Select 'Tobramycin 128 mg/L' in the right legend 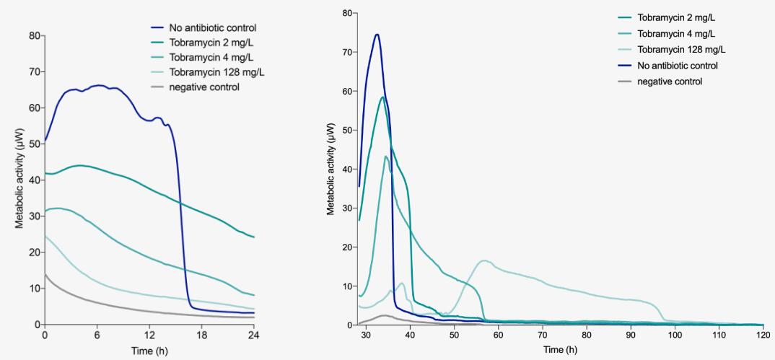pyautogui.click(x=681, y=50)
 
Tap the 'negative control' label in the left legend pyautogui.click(x=204, y=87)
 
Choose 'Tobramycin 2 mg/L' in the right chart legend pyautogui.click(x=677, y=18)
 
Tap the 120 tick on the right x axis pyautogui.click(x=763, y=336)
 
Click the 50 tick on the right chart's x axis pyautogui.click(x=455, y=336)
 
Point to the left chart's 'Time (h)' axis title pyautogui.click(x=149, y=351)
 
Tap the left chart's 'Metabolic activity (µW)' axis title pyautogui.click(x=20, y=180)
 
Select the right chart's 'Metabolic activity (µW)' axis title pyautogui.click(x=331, y=169)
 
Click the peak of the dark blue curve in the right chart pyautogui.click(x=377, y=35)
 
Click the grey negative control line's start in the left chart pyautogui.click(x=45, y=275)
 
